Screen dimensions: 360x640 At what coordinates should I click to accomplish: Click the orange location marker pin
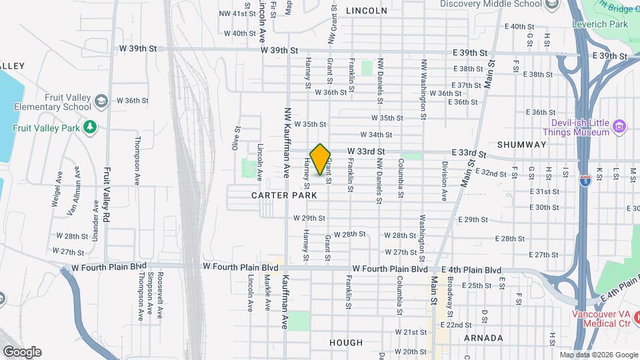[321, 159]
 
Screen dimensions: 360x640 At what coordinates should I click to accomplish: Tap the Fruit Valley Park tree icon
[91, 127]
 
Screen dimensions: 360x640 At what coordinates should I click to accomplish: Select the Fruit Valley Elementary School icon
[101, 101]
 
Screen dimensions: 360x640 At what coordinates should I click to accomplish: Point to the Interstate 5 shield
[585, 181]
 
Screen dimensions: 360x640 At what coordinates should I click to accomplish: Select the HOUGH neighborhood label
[347, 343]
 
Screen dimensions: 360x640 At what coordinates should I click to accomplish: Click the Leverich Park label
[600, 24]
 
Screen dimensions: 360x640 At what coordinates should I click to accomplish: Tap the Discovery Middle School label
[491, 4]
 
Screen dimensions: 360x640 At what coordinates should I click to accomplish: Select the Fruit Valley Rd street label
[106, 197]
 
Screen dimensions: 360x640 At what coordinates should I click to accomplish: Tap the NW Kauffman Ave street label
[287, 142]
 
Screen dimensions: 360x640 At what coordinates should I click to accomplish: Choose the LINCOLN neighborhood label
[366, 11]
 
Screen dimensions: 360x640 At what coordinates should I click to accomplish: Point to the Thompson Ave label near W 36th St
[137, 152]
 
